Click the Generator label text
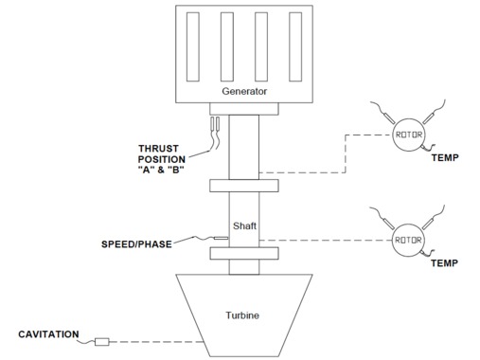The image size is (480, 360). coord(244,91)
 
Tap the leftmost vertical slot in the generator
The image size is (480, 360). coord(193,46)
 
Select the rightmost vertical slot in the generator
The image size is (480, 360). coord(295,46)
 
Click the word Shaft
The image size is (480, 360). coord(244,225)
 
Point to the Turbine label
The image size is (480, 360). coord(242,315)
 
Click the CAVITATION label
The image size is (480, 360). coord(48,334)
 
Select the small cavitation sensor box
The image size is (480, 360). coord(102,342)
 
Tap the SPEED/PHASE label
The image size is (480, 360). coord(136,244)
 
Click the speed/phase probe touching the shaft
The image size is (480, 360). coord(221,238)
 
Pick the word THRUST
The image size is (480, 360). coord(158,149)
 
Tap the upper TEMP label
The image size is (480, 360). coord(445,157)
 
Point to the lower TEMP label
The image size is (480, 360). coord(444,262)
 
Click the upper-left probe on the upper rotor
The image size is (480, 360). coord(388,118)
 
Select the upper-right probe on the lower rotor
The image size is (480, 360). coord(429,224)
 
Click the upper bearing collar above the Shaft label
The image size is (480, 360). coord(244,186)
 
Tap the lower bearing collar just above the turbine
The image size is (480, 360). coord(244,254)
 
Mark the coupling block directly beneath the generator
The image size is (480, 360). coord(244,109)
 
